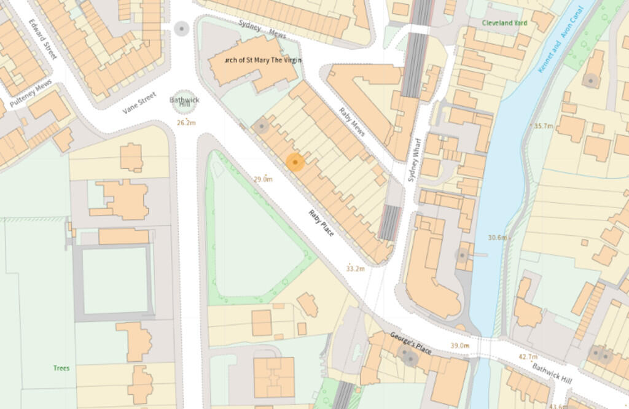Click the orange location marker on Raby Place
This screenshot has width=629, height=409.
295,162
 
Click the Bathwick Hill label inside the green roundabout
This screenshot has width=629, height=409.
181,103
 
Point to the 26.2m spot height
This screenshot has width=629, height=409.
186,123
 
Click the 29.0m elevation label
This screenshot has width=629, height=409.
263,179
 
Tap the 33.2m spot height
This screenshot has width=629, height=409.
355,268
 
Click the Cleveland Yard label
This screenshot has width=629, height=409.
504,22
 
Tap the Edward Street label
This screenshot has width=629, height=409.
42,39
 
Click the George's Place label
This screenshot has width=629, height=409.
411,343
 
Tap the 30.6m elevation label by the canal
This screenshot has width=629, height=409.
498,238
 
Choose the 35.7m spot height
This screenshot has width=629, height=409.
543,126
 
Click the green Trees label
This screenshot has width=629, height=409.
61,368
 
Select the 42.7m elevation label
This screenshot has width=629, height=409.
528,357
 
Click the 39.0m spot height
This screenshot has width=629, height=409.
460,346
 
